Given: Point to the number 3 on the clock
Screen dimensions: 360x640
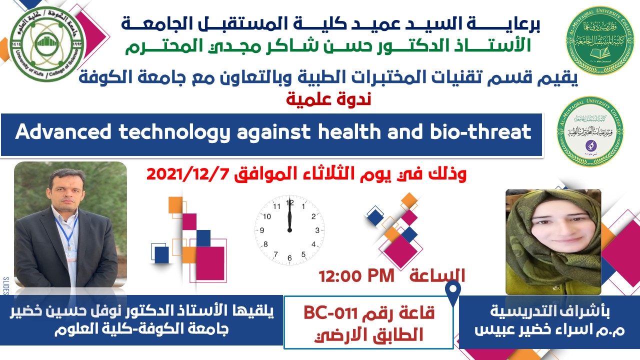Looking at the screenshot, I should (x=316, y=230).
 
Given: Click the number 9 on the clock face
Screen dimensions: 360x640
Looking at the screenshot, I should (x=261, y=230).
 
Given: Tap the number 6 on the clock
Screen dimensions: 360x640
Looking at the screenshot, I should (x=289, y=258).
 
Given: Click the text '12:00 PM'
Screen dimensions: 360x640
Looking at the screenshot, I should (x=356, y=275).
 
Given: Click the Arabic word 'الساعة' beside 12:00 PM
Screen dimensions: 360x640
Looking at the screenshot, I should (x=438, y=275).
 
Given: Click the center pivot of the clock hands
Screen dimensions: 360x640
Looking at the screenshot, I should (x=289, y=230).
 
